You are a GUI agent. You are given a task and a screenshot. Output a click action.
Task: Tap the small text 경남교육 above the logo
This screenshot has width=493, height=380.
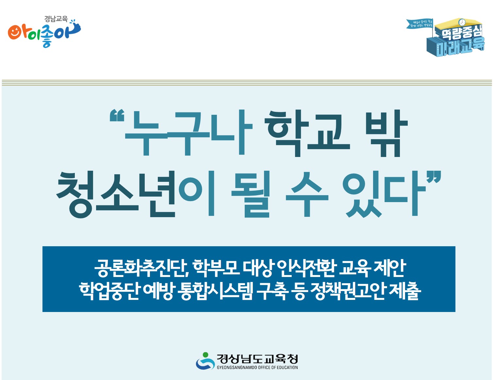click(56, 19)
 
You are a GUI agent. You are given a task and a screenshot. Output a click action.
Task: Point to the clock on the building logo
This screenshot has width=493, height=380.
click(462, 22)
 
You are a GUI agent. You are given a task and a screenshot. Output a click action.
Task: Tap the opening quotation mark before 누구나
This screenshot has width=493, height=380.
click(117, 116)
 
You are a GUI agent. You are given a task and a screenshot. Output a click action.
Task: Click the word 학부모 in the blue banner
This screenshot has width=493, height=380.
click(216, 268)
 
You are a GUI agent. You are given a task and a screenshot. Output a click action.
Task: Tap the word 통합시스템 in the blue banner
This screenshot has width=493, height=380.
click(215, 291)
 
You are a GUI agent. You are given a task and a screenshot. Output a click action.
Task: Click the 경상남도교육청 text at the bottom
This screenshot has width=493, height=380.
click(257, 359)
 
